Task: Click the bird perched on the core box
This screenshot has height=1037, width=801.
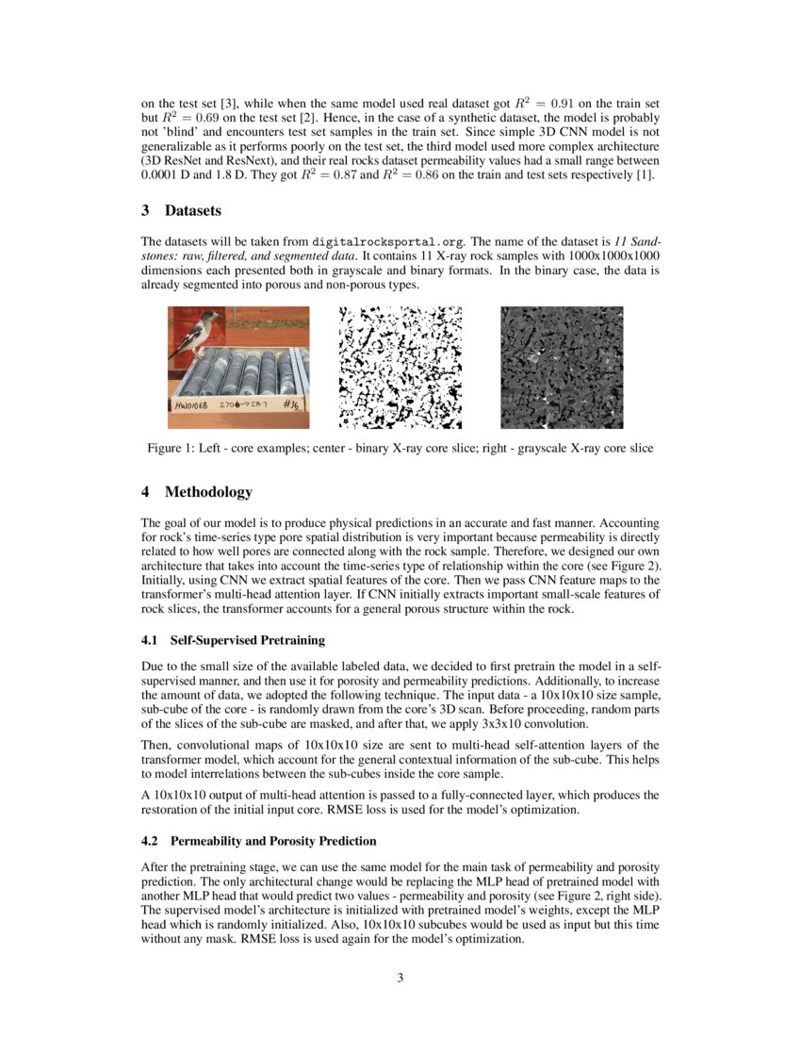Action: coord(203,331)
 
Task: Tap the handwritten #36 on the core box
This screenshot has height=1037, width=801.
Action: coord(294,406)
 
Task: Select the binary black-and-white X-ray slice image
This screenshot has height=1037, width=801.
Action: coord(400,367)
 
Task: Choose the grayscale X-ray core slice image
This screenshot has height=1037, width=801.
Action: coord(561,367)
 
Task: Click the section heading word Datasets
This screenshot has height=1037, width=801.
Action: coord(193,212)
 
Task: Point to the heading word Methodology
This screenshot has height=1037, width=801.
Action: coord(208,492)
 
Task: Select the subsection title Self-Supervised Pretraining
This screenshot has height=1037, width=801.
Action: coord(247,640)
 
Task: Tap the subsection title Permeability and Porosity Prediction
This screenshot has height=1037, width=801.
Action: coord(273,841)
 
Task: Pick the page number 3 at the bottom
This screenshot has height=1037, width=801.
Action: coord(400,978)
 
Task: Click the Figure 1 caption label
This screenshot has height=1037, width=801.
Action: coord(172,449)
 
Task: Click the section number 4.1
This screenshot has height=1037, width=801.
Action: coord(150,640)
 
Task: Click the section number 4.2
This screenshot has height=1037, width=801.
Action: coord(150,841)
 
